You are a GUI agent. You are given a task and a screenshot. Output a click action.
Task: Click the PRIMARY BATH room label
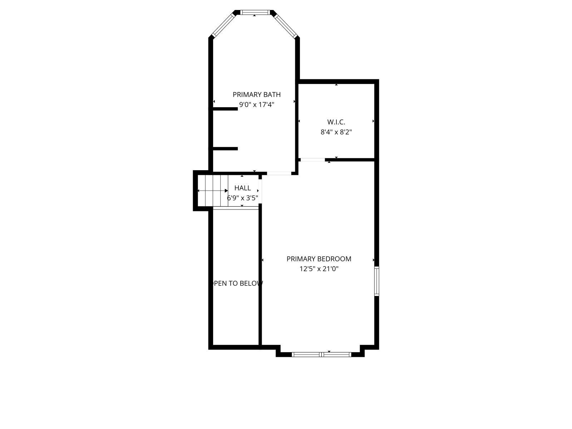point(256,94)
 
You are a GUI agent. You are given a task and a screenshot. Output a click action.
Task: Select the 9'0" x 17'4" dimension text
point(257,104)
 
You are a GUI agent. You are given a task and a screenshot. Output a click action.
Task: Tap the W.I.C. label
point(336,122)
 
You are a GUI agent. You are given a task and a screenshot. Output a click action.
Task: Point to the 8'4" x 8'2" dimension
point(336,132)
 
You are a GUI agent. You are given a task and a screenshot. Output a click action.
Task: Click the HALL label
point(242,188)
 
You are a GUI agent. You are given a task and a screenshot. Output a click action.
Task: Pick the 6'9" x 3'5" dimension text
point(242,198)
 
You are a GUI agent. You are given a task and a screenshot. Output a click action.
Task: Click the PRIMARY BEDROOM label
point(319,258)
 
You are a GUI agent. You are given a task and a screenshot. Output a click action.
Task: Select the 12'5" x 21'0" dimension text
point(319,268)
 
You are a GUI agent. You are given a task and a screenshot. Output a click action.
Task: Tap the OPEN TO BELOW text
point(237,283)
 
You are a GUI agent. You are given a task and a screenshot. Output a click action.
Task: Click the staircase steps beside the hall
point(213,191)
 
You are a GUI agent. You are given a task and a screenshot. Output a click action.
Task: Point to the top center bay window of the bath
point(254,12)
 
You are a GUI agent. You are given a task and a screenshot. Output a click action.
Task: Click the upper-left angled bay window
point(223,25)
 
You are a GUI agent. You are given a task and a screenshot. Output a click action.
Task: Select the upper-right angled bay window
point(286,25)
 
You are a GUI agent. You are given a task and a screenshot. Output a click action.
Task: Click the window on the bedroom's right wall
point(376,281)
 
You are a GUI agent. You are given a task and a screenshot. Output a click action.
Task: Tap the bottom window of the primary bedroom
point(321,354)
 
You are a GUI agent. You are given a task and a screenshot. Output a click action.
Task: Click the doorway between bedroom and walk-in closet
point(313,160)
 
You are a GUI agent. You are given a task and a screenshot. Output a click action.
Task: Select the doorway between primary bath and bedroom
point(279,173)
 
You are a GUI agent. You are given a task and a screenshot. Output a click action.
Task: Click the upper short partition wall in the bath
point(225,109)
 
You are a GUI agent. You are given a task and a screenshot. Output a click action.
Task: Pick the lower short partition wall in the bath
point(225,149)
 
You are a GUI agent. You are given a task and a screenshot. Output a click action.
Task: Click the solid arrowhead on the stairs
point(226,191)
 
